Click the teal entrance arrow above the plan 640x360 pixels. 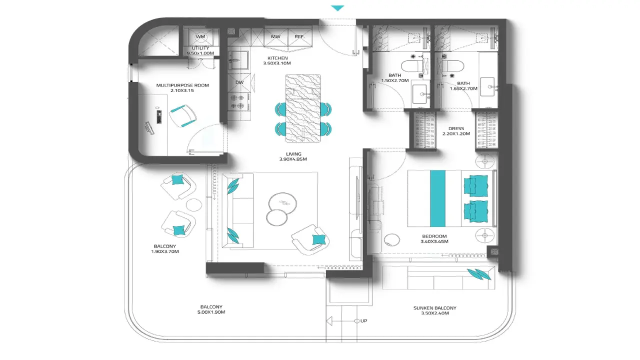pos(337,8)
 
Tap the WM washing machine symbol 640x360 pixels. pos(200,36)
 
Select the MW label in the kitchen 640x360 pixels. pos(275,36)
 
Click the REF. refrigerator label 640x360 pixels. pos(299,36)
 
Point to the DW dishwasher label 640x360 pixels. pos(239,82)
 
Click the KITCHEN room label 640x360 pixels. pos(277,58)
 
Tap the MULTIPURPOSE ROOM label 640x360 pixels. pos(182,85)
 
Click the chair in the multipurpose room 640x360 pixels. pos(182,115)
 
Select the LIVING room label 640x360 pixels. pos(293,154)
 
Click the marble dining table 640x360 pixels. pos(303,108)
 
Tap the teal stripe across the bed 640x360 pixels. pos(437,198)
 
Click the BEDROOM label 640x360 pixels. pos(434,236)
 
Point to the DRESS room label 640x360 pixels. pos(456,128)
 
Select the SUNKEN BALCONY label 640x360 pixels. pos(435,308)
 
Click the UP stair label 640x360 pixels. pos(363,321)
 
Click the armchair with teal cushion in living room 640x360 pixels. pos(310,239)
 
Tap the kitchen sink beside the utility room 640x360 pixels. pos(238,60)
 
